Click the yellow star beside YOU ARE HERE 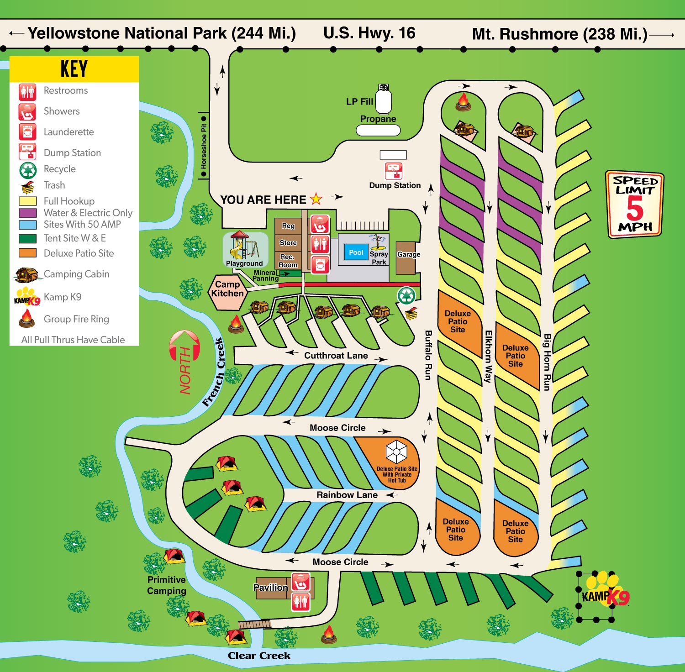[316, 199]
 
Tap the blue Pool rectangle [356, 252]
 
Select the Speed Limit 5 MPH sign [635, 205]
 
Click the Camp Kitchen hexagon [227, 289]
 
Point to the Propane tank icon [384, 100]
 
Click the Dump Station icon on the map [394, 171]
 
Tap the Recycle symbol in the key [28, 170]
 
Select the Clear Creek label [259, 656]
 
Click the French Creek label [213, 372]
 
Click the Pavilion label [271, 588]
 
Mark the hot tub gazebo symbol [396, 452]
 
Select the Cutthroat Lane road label [336, 356]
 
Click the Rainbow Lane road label [347, 495]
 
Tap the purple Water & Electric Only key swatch [28, 213]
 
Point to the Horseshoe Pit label [204, 146]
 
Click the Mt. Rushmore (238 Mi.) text [559, 34]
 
